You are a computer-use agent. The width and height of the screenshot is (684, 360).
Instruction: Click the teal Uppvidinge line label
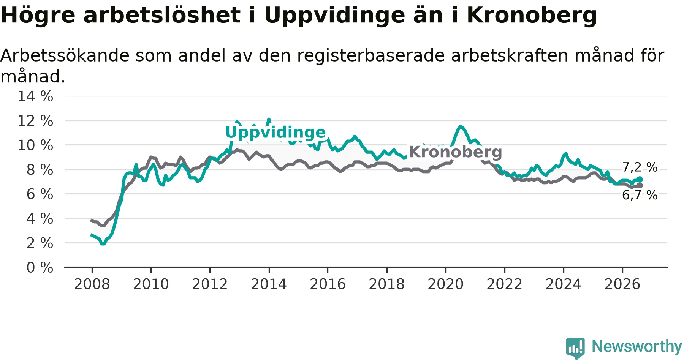pos(275,133)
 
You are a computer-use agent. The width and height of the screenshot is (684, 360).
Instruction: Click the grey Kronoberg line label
pos(455,152)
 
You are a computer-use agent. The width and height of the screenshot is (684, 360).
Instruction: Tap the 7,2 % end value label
pos(640,167)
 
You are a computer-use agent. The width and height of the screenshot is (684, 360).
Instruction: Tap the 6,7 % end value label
pos(640,195)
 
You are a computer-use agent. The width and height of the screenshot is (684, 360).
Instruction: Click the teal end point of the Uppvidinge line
pos(640,179)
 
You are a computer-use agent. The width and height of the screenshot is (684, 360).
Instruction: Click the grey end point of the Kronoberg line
pos(640,185)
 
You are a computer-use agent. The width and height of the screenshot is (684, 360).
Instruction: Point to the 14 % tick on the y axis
pos(35,96)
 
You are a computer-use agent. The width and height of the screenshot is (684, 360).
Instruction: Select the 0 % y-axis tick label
pos(40,268)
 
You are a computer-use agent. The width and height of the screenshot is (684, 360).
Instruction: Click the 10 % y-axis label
pos(35,145)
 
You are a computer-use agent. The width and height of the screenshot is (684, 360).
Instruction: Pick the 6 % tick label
pos(40,194)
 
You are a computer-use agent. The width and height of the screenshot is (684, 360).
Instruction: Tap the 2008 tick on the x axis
pos(92,284)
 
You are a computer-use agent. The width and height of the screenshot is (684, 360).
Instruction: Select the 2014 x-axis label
pos(269,284)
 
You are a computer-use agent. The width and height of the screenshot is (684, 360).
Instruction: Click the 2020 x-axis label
pos(446,284)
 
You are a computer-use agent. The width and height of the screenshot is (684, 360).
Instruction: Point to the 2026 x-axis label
pos(622,284)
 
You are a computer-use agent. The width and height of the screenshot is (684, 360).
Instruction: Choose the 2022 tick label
pos(505,284)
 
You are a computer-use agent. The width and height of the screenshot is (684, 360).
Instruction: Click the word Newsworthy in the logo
pos(637,346)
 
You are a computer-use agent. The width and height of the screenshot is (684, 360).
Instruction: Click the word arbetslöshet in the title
pos(162,15)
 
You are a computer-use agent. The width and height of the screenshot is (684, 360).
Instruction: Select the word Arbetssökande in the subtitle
pos(65,55)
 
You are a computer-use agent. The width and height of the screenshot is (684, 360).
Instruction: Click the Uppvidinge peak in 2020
pos(460,126)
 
